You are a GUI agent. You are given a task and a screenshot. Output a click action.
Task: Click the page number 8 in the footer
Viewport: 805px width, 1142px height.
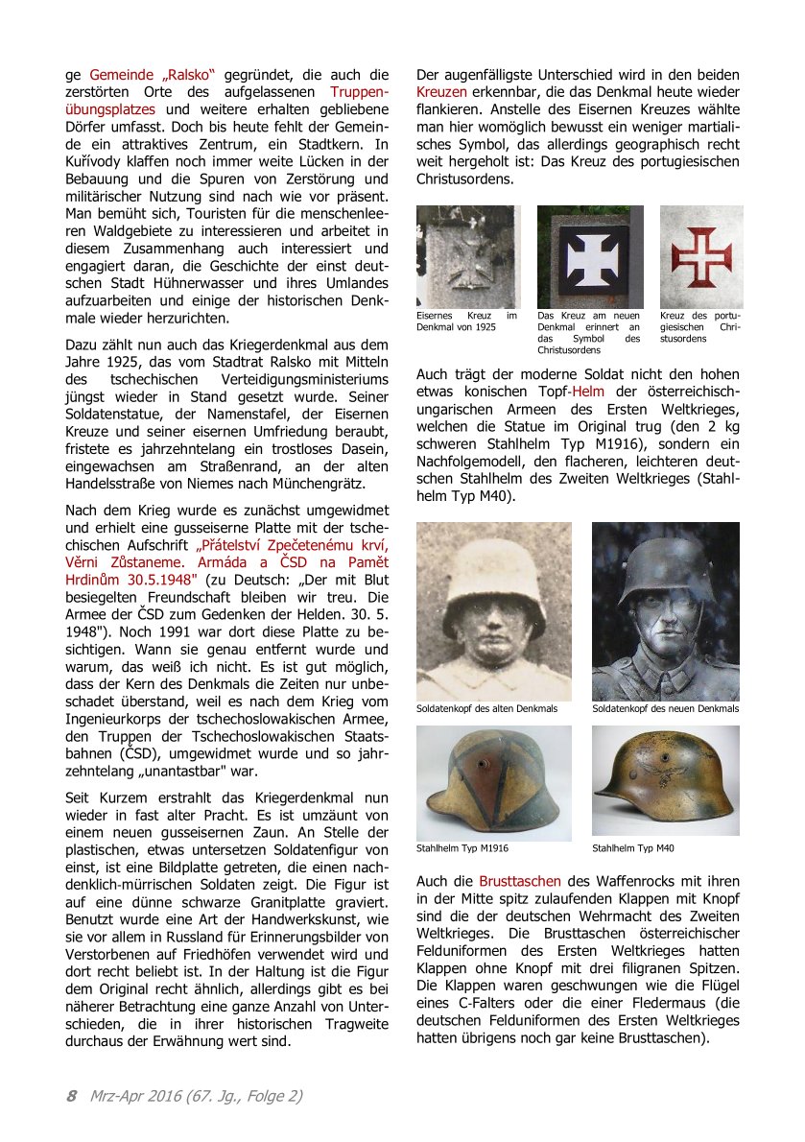click(71, 1095)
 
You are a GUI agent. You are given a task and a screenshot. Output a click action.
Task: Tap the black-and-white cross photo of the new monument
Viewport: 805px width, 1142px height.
click(589, 256)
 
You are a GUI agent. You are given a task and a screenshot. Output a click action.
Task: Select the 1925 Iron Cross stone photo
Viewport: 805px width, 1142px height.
click(468, 256)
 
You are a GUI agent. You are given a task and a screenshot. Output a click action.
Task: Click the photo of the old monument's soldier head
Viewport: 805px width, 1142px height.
click(493, 610)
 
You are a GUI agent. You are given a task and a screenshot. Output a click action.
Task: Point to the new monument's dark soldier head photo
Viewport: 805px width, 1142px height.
click(665, 610)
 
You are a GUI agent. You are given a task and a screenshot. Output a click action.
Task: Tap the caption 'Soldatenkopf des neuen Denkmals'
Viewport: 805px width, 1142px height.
click(665, 708)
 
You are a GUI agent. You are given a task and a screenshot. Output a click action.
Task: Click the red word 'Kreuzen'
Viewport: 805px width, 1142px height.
click(441, 92)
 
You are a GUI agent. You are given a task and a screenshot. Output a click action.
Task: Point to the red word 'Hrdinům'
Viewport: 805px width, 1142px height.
click(96, 580)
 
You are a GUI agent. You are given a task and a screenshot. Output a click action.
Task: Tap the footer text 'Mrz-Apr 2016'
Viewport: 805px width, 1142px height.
click(137, 1095)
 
